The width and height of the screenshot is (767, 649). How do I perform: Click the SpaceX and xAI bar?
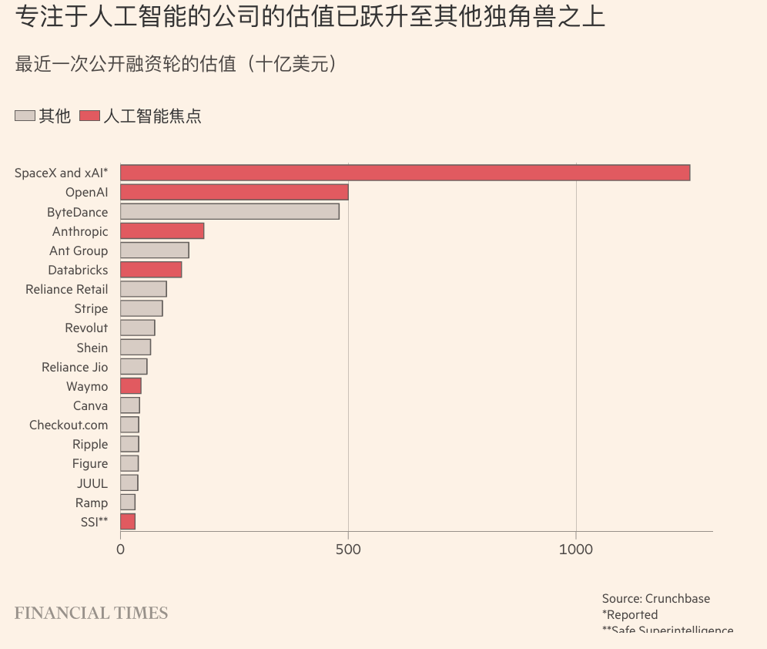pyautogui.click(x=405, y=173)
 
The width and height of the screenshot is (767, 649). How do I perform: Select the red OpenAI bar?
pyautogui.click(x=234, y=192)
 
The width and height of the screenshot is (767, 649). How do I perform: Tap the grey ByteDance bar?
pyautogui.click(x=229, y=211)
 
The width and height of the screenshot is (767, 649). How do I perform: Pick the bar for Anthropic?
pyautogui.click(x=162, y=230)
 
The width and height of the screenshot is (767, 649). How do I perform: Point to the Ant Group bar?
pyautogui.click(x=154, y=250)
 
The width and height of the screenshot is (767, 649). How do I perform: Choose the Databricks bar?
pyautogui.click(x=151, y=269)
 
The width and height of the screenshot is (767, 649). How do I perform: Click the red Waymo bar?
pyautogui.click(x=131, y=386)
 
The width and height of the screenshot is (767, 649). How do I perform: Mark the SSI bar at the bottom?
pyautogui.click(x=128, y=522)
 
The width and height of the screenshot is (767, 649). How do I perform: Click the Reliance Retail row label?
pyautogui.click(x=67, y=289)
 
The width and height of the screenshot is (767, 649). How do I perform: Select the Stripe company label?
pyautogui.click(x=91, y=308)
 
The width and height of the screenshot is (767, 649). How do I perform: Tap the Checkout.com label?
pyautogui.click(x=69, y=425)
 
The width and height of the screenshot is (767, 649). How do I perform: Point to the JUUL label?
pyautogui.click(x=92, y=483)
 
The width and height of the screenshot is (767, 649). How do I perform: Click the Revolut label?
pyautogui.click(x=86, y=328)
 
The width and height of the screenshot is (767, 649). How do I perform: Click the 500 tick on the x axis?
pyautogui.click(x=348, y=549)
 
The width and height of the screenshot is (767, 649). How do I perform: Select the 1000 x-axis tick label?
pyautogui.click(x=576, y=549)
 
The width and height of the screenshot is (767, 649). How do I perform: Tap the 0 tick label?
pyautogui.click(x=120, y=549)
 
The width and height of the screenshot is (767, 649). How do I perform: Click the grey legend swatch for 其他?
pyautogui.click(x=25, y=116)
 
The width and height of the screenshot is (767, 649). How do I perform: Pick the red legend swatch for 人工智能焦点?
pyautogui.click(x=89, y=116)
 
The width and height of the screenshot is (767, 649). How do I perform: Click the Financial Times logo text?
pyautogui.click(x=91, y=614)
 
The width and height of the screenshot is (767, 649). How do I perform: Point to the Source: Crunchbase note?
pyautogui.click(x=656, y=598)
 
